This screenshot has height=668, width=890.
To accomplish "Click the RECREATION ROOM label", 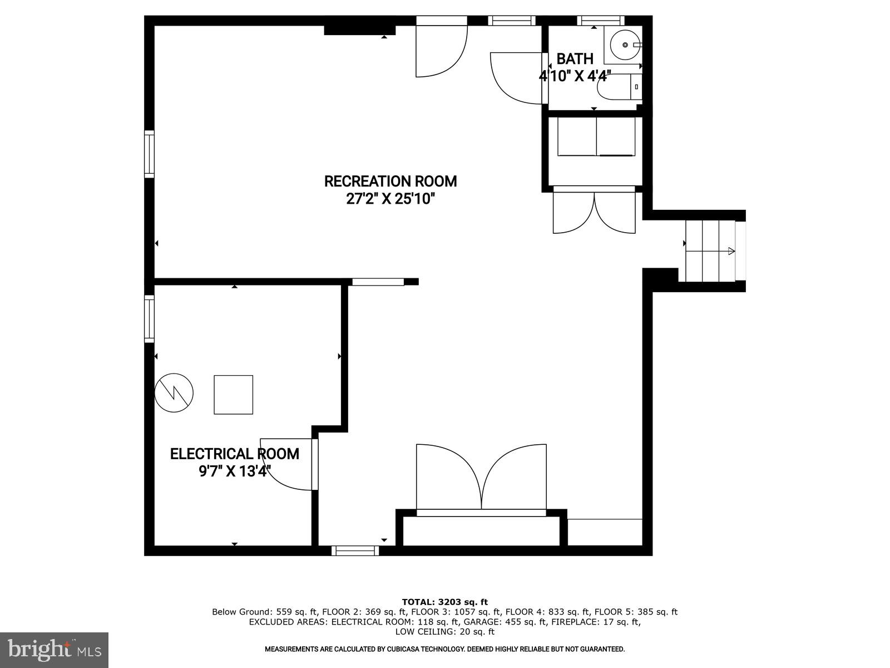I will [x=390, y=181].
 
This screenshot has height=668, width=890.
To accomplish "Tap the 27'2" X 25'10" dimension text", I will [x=390, y=199].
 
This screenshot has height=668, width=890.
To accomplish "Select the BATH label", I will [x=575, y=59].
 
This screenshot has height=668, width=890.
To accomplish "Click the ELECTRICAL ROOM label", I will [x=234, y=454].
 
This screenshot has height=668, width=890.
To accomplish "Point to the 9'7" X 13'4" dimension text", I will [x=234, y=472].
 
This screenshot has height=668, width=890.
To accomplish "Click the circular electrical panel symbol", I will [x=174, y=392].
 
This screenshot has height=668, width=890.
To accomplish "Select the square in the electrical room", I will [x=234, y=395].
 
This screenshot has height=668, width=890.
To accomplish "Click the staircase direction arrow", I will [x=731, y=252].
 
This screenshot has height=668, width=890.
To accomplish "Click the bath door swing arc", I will [x=515, y=78].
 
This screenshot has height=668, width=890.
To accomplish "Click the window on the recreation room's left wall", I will [x=149, y=154].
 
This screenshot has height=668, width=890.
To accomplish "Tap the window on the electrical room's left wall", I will [x=149, y=318].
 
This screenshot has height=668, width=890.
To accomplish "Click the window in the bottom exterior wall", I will [x=355, y=551].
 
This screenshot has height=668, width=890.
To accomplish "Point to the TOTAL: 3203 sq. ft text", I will [x=444, y=602].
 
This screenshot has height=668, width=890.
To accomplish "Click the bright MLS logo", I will [x=54, y=650].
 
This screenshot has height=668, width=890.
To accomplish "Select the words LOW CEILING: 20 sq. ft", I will [x=444, y=632].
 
